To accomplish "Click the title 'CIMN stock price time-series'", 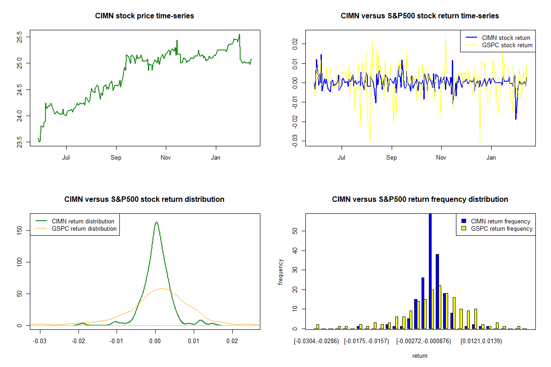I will coord(144,16).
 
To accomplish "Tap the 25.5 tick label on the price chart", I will coord(20,36).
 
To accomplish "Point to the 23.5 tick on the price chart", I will coord(20,142).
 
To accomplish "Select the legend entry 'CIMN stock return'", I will coord(506,38).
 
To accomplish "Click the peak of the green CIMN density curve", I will coord(156,222).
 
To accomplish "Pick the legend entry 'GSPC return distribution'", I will coord(84,228).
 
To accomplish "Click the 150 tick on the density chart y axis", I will coord(20,229).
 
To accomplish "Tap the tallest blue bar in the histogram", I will coord(430,271).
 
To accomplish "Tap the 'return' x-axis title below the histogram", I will coord(420,356).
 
